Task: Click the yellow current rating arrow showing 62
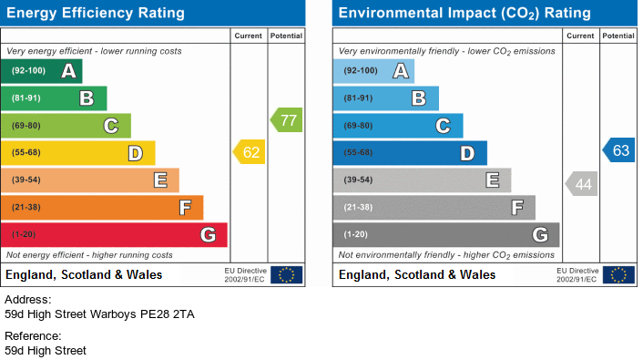click(x=250, y=153)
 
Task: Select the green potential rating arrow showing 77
click(x=287, y=119)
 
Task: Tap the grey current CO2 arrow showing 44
click(x=582, y=184)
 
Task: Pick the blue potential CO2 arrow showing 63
click(x=618, y=150)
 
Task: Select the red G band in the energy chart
click(x=114, y=235)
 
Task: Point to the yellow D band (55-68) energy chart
click(x=78, y=153)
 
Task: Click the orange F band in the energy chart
click(x=102, y=208)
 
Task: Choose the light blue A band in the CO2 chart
click(x=373, y=71)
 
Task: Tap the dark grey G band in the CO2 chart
click(x=445, y=235)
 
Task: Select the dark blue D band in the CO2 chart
click(x=410, y=153)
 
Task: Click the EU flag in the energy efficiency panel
click(x=287, y=274)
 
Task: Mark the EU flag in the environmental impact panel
click(x=618, y=274)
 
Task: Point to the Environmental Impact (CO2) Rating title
click(x=464, y=14)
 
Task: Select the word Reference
click(x=33, y=335)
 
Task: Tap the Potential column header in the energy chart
click(x=286, y=36)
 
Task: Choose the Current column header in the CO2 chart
click(x=580, y=36)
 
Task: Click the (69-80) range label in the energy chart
click(x=26, y=126)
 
